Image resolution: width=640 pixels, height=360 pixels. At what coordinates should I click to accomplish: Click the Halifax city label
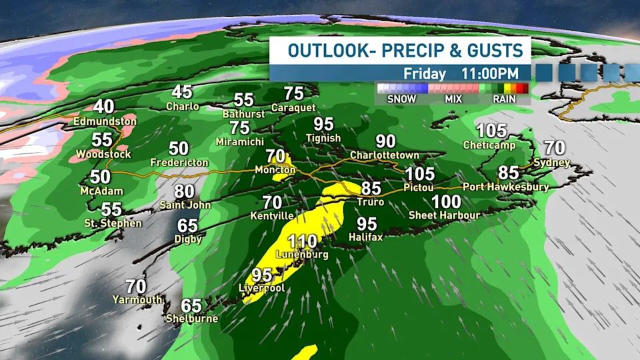(x=366, y=237)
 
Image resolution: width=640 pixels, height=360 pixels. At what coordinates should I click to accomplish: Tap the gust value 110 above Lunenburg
(x=302, y=241)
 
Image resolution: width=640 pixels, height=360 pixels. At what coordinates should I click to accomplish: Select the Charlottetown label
(x=385, y=155)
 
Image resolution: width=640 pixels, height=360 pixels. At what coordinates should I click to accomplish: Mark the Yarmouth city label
(x=137, y=299)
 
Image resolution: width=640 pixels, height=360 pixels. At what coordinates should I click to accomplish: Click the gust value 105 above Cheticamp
(x=492, y=131)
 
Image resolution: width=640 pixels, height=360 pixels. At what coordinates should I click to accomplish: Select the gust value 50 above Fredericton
(x=179, y=149)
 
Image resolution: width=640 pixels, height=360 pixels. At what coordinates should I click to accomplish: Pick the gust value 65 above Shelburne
(x=191, y=305)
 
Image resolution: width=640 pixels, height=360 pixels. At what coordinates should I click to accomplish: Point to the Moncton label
(x=275, y=171)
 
